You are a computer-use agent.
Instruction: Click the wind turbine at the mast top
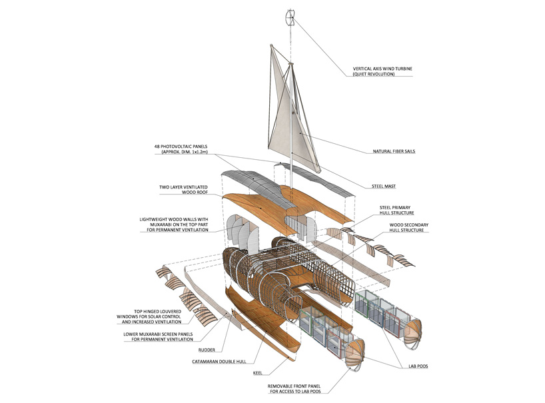click(289, 17)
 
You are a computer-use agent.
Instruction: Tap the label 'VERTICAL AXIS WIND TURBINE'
click(382, 68)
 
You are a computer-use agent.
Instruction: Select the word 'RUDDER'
click(208, 349)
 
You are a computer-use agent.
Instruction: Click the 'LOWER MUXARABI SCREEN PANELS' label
click(167, 334)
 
